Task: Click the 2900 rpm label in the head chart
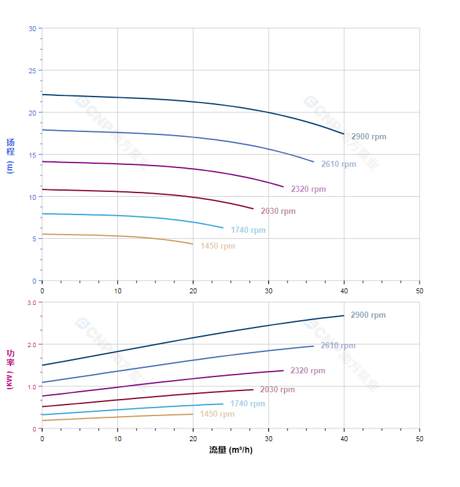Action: (368, 137)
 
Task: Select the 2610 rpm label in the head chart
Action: (338, 164)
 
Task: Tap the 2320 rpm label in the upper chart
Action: (308, 189)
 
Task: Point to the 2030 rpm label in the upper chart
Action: (278, 211)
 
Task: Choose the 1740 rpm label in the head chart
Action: (248, 230)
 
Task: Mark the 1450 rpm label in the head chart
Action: (217, 246)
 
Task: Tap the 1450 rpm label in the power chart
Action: (217, 414)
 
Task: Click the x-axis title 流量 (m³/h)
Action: (231, 450)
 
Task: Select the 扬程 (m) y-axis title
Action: (10, 155)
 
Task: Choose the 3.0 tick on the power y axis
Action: (32, 302)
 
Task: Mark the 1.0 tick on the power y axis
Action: (32, 387)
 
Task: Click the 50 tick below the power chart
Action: (420, 439)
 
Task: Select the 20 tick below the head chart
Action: (193, 291)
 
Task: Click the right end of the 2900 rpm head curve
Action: (344, 134)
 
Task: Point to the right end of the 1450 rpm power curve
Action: (193, 414)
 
